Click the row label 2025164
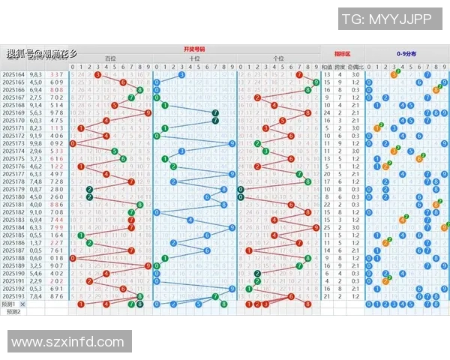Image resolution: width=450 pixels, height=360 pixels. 13,75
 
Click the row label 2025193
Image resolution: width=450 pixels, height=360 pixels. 13,296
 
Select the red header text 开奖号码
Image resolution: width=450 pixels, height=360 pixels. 193,49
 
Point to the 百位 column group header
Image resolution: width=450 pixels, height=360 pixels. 110,58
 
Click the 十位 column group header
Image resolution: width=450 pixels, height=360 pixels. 194,58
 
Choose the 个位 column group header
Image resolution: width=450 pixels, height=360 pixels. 278,58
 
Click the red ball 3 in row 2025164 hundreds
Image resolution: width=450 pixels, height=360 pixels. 97,75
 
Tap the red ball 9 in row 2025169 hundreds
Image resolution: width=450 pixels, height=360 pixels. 148,113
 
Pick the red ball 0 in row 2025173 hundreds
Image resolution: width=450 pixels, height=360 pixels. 72,143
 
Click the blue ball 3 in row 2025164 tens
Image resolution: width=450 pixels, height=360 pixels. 181,75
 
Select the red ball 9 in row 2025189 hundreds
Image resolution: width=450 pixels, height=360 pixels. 148,265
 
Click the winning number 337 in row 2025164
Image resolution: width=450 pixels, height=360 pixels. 56,75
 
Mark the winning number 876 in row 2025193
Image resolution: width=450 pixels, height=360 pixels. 56,296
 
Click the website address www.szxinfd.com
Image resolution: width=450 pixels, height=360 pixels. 68,342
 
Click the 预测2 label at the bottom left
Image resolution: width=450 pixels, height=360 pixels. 13,311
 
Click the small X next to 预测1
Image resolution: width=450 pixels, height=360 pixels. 22,304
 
